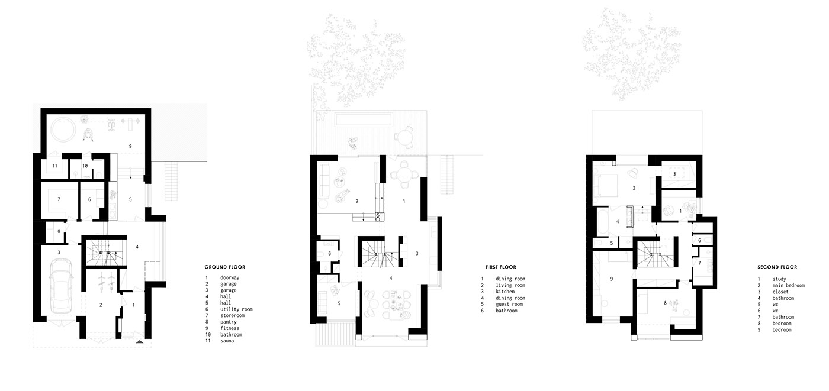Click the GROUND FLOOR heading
pyautogui.click(x=224, y=267)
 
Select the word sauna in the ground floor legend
pyautogui.click(x=227, y=341)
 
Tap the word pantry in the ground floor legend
pyautogui.click(x=229, y=322)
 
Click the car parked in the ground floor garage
pyautogui.click(x=61, y=286)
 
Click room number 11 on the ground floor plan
pyautogui.click(x=54, y=166)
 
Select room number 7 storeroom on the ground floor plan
pyautogui.click(x=59, y=199)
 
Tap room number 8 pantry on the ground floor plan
pyautogui.click(x=59, y=231)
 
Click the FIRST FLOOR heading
pyautogui.click(x=501, y=267)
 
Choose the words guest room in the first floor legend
pyautogui.click(x=509, y=304)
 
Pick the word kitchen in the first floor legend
pyautogui.click(x=505, y=292)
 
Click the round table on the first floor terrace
pyautogui.click(x=404, y=137)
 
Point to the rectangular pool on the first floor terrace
pyautogui.click(x=364, y=120)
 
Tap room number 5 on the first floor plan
pyautogui.click(x=339, y=303)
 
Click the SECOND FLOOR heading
pyautogui.click(x=777, y=267)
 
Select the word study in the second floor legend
pyautogui.click(x=779, y=279)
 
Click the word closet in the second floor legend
pyautogui.click(x=780, y=292)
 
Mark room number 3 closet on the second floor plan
pyautogui.click(x=674, y=174)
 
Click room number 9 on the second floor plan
pyautogui.click(x=611, y=279)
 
